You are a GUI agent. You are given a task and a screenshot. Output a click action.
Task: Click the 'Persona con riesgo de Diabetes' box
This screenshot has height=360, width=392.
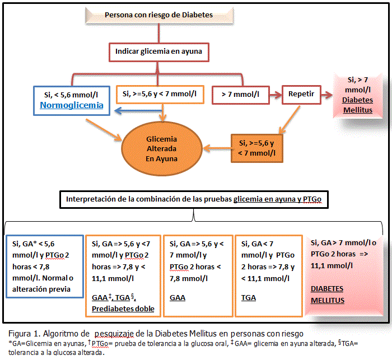(159, 15)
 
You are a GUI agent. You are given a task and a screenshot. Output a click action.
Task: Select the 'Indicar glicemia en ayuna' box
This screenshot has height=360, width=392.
(158, 52)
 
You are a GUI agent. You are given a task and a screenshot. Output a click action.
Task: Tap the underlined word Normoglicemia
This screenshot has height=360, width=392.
(72, 105)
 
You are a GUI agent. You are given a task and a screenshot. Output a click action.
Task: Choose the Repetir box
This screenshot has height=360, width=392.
(302, 95)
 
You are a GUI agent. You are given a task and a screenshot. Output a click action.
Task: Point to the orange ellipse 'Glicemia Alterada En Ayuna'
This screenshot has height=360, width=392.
(161, 148)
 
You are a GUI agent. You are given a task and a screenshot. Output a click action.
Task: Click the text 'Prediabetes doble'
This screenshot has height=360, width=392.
(123, 308)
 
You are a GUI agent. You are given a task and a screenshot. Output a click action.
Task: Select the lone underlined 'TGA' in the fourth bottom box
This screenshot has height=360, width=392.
(248, 298)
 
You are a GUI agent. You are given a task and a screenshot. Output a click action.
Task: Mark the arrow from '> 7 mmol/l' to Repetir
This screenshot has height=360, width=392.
(275, 95)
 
